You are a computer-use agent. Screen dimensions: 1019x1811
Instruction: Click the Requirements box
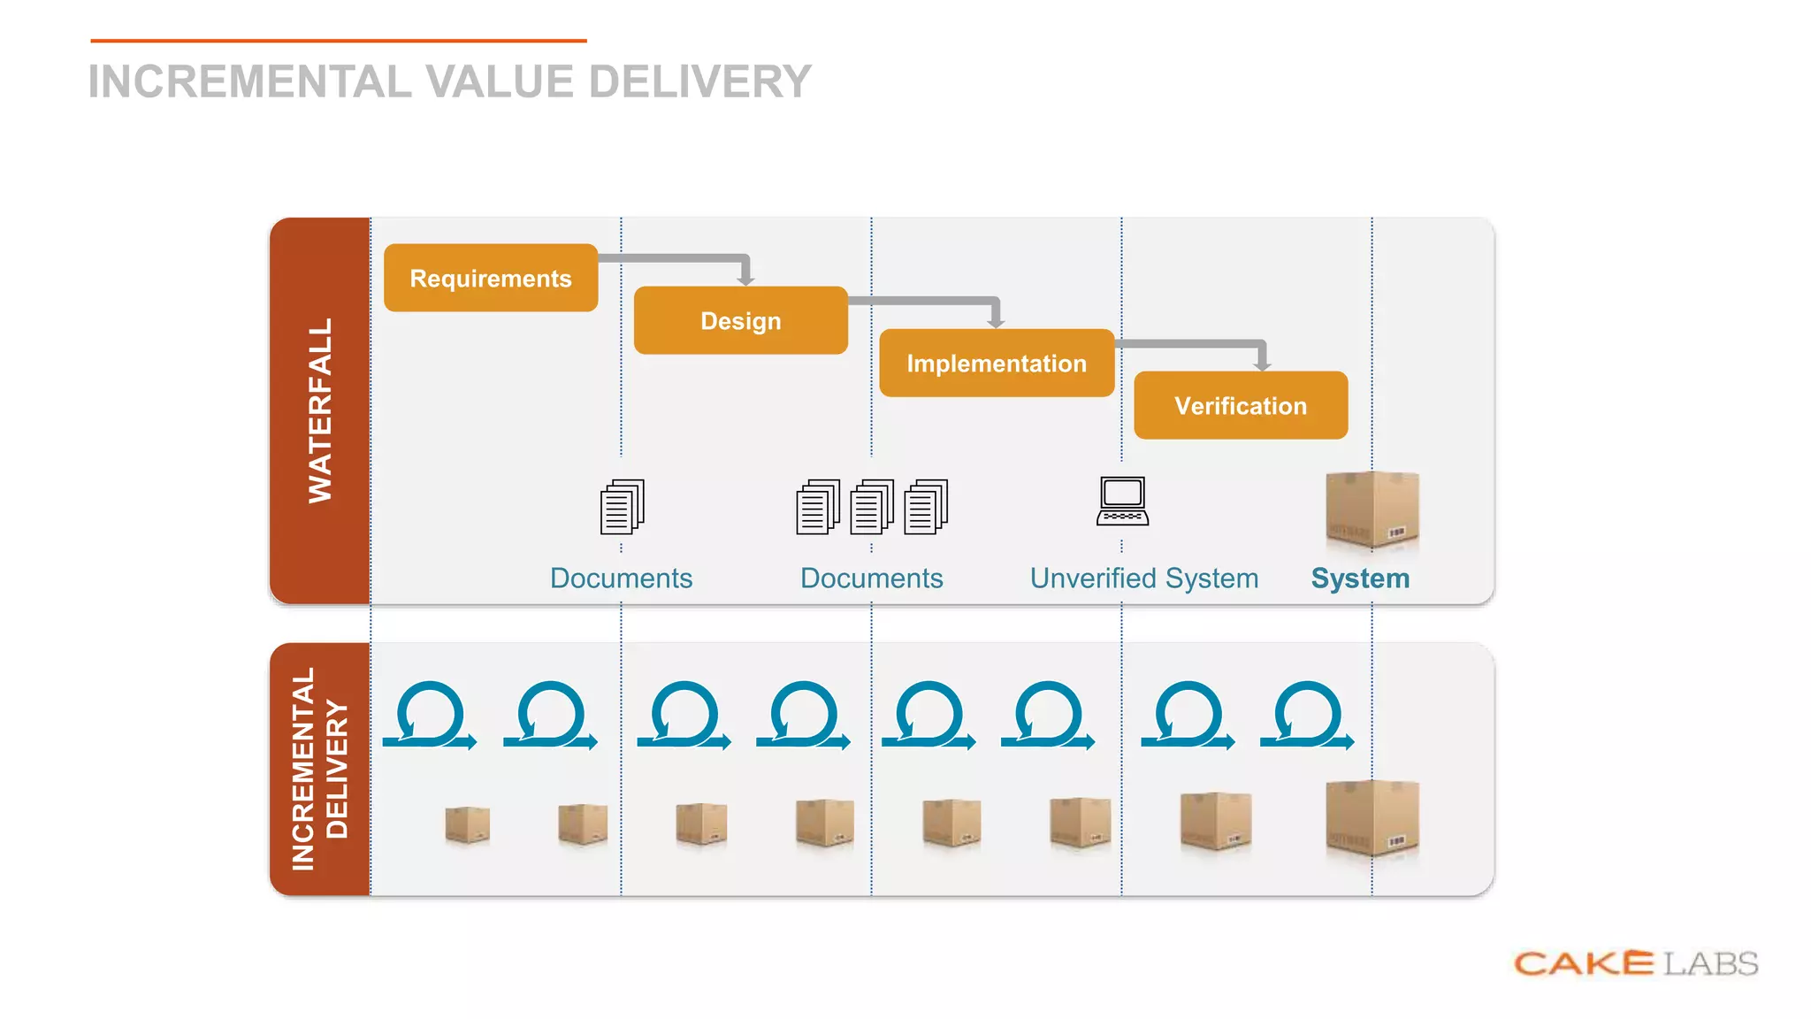[x=491, y=278]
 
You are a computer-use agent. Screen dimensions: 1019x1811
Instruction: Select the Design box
[x=740, y=320]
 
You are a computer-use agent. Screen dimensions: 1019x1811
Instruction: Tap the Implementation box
[x=997, y=363]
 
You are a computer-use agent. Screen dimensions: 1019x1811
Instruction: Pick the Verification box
[x=1241, y=405]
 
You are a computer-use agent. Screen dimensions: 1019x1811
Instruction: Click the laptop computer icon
[x=1122, y=502]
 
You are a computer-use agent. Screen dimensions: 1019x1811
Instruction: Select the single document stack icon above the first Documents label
[x=622, y=507]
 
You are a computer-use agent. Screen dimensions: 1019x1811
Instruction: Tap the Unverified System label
[x=1143, y=578]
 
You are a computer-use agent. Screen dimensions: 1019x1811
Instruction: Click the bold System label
[x=1360, y=578]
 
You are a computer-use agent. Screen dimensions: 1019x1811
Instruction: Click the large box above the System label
[x=1372, y=509]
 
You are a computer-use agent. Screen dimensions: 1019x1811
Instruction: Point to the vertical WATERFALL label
[x=320, y=410]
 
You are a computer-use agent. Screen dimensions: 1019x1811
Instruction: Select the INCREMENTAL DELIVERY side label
[x=320, y=769]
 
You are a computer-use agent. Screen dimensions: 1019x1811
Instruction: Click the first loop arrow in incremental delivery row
[x=430, y=716]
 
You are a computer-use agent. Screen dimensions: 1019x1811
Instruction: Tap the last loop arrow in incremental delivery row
[x=1307, y=716]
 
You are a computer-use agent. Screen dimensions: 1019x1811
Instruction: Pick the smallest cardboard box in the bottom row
[x=467, y=824]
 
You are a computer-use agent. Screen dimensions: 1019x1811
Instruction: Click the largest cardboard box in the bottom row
[x=1372, y=818]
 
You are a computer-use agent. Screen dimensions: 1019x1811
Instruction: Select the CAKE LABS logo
[x=1635, y=963]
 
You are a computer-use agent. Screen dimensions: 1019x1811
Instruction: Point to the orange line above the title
[x=339, y=41]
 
